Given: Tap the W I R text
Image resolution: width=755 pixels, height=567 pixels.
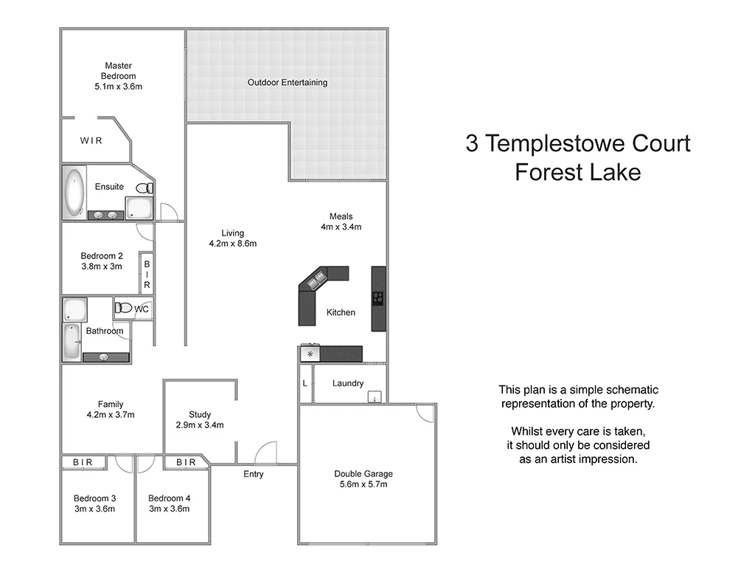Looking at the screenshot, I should point(91,140).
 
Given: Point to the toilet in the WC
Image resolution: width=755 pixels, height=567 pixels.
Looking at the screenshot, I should point(124,308).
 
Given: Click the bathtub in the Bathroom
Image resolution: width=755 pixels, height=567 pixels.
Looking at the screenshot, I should point(72,342).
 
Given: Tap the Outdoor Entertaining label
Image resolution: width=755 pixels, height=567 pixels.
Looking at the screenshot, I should point(287,83).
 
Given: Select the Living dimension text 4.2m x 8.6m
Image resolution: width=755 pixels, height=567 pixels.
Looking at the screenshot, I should point(232,244).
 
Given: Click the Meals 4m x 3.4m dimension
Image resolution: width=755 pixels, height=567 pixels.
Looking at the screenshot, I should point(341,227).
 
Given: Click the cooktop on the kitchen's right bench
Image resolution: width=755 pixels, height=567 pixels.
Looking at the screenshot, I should point(378,298).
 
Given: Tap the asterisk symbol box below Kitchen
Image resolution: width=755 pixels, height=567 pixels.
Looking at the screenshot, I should point(310,354).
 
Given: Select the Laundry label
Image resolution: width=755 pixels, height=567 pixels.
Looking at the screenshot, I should point(347,383).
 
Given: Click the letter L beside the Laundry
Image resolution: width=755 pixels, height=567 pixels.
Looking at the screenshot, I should point(305,383).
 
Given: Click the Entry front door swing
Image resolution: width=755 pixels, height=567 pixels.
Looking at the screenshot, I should point(265,453).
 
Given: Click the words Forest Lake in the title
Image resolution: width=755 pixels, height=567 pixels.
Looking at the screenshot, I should point(577,172).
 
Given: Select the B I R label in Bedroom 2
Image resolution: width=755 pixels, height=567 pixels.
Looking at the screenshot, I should point(147,274).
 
